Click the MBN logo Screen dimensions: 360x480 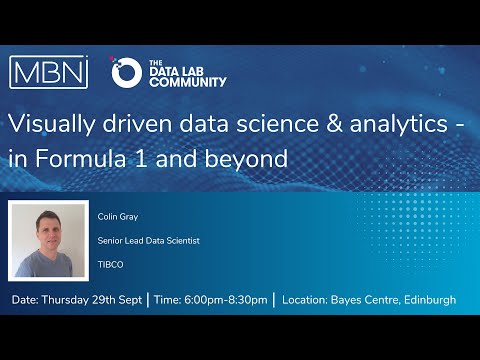coord(49,72)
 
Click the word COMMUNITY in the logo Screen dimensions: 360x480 coord(187,81)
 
